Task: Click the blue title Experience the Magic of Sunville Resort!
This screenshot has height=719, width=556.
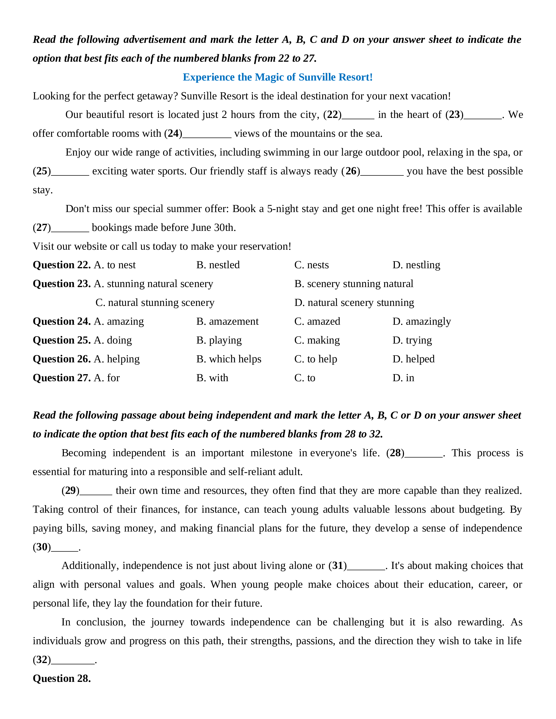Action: click(278, 77)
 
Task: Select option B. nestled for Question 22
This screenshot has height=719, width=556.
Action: click(218, 265)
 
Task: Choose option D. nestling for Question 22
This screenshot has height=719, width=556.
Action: click(416, 265)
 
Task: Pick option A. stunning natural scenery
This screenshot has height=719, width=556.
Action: click(154, 284)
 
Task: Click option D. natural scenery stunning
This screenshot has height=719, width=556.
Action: click(354, 303)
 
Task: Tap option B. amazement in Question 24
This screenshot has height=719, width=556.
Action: click(227, 321)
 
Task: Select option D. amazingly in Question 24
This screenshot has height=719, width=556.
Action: click(422, 321)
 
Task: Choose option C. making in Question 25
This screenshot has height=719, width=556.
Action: click(317, 340)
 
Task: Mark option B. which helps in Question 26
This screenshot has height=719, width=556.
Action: click(229, 359)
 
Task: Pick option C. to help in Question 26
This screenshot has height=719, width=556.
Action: click(316, 359)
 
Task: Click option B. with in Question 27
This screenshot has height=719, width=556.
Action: click(212, 378)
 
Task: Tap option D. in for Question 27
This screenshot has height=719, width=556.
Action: click(403, 378)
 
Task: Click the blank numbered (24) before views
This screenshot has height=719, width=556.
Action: click(207, 134)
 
